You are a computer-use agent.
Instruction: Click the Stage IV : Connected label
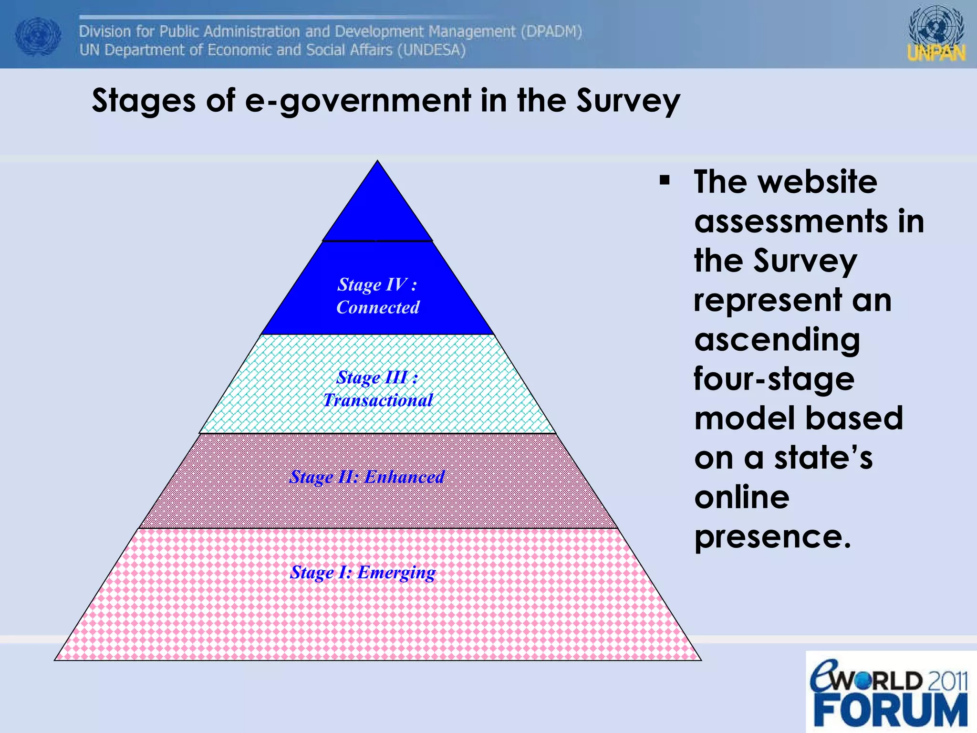[377, 296]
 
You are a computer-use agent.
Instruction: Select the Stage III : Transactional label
[377, 388]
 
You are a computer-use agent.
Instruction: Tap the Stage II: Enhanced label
[367, 477]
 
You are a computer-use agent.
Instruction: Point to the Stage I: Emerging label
[363, 572]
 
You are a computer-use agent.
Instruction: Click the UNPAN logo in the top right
[936, 34]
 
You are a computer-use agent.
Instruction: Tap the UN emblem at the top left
[38, 36]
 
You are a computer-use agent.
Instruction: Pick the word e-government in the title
[358, 102]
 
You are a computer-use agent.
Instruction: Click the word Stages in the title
[144, 102]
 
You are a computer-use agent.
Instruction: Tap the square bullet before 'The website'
[665, 181]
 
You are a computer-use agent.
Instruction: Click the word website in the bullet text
[818, 182]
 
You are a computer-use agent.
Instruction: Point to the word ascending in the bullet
[777, 340]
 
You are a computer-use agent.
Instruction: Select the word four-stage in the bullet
[774, 379]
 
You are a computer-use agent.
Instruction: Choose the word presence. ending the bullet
[772, 537]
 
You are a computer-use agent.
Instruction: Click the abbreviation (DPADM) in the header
[551, 31]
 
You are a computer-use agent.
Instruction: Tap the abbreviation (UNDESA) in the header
[431, 50]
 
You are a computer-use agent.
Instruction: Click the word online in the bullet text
[742, 497]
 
